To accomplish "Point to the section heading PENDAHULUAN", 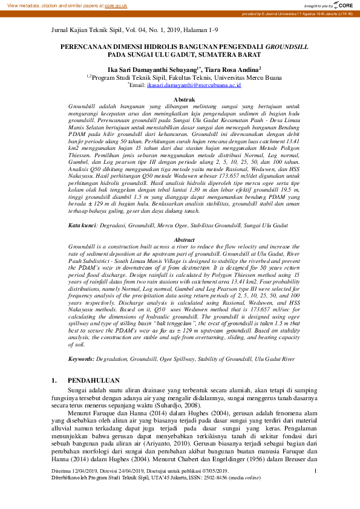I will [94, 381].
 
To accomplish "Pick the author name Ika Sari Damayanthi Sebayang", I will [151, 69].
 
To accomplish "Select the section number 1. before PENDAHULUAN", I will [54, 381].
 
